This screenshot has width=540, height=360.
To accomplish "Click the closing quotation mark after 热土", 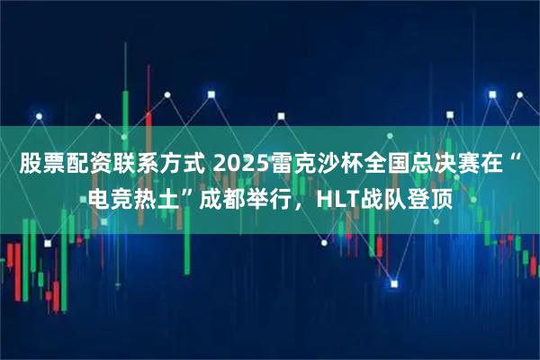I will point(188,190).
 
